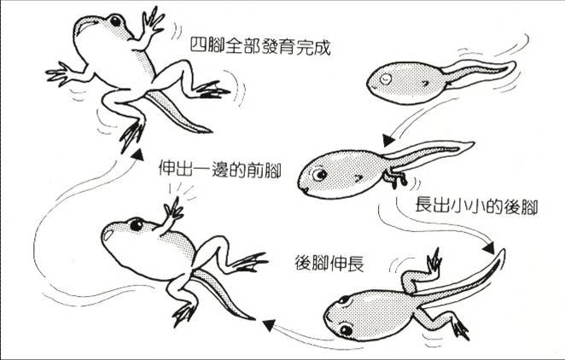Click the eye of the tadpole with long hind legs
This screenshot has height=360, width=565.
pos(345,329)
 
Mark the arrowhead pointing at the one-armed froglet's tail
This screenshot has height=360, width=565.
pos(268,323)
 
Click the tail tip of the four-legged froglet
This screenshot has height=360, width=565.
pos(208,131)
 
